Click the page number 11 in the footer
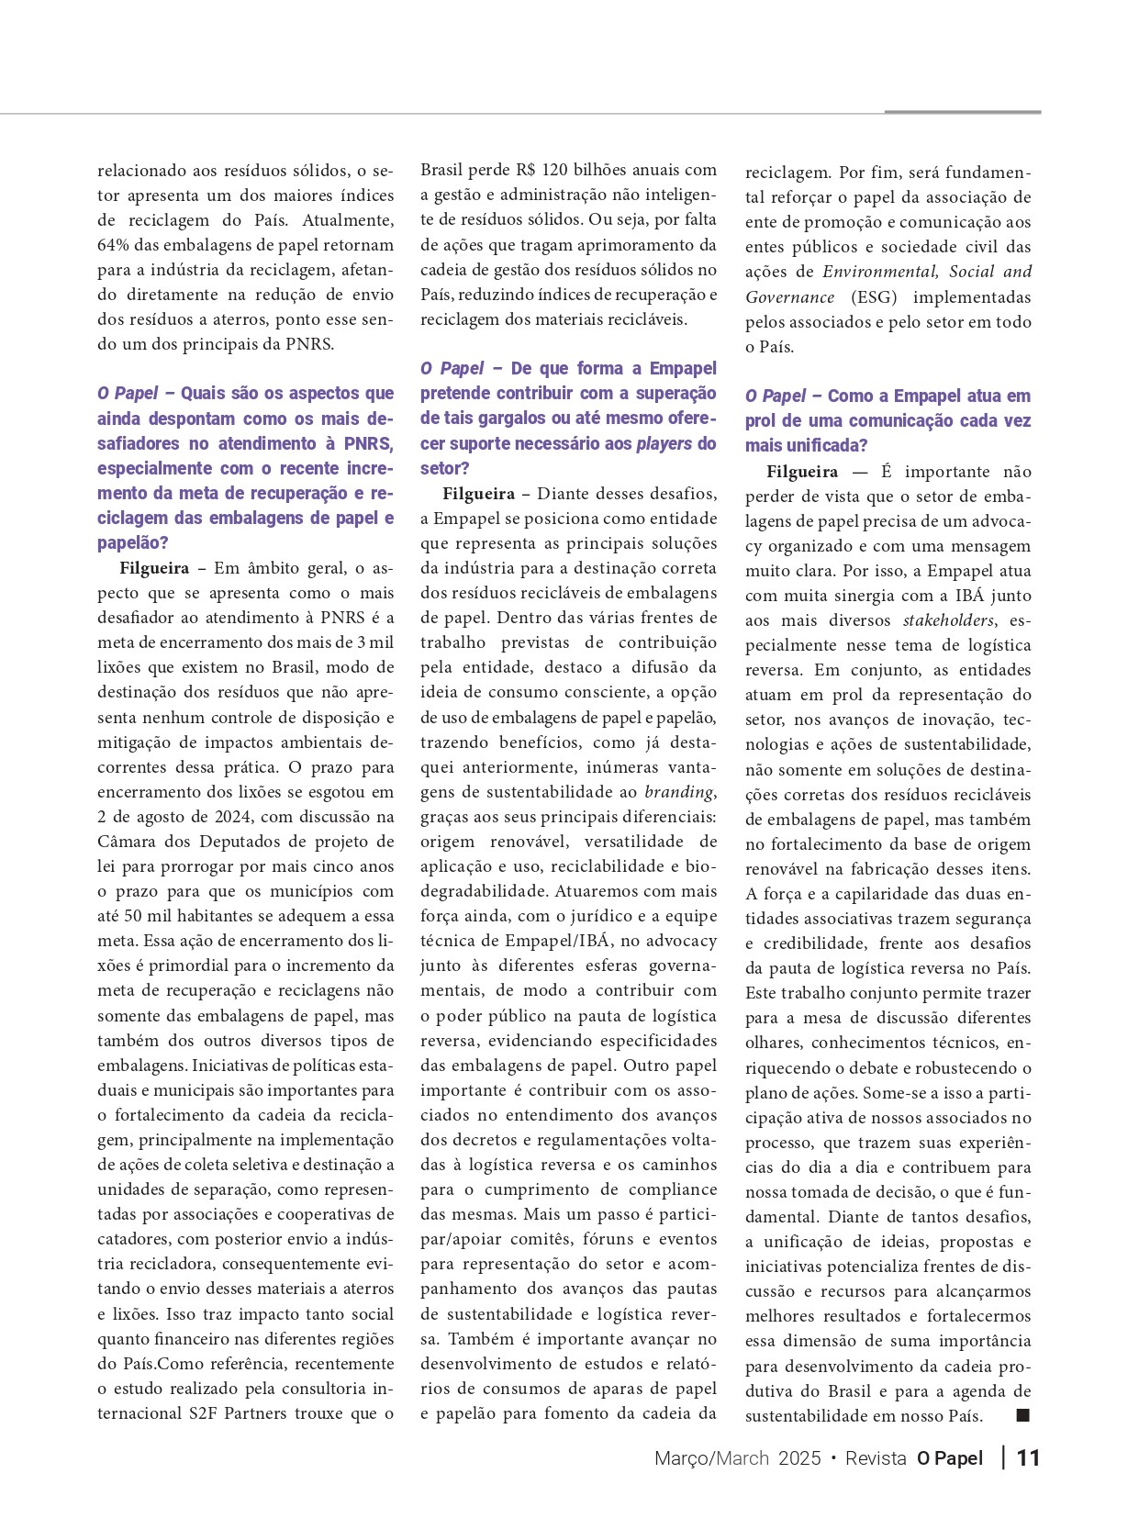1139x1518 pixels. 1028,1458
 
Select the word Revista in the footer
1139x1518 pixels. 876,1458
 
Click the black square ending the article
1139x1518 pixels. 1023,1415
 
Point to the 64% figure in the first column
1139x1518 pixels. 115,245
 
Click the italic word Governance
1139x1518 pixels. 789,297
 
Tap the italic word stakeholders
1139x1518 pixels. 948,620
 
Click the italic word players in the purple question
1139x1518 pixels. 664,443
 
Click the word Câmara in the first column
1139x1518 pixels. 128,842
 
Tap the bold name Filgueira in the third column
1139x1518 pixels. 802,472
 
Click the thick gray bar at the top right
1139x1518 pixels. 962,112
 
